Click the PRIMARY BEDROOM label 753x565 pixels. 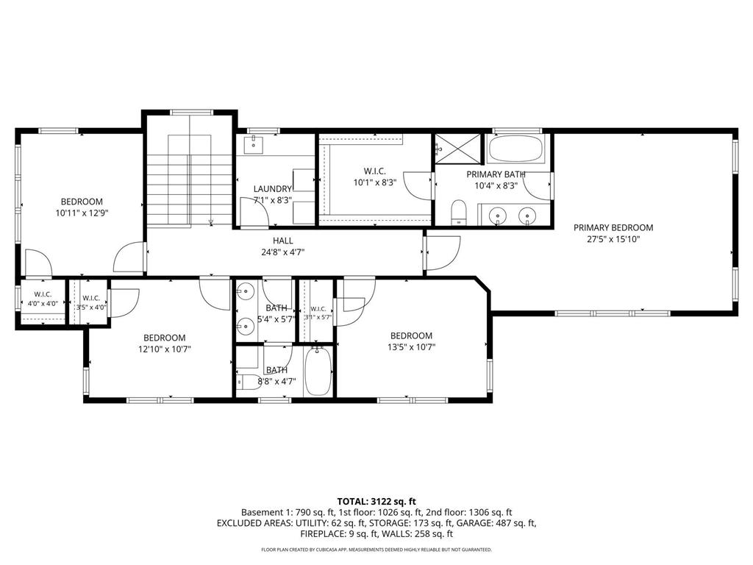pyautogui.click(x=613, y=227)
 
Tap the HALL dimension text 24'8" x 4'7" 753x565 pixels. pyautogui.click(x=282, y=252)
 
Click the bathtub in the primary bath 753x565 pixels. pyautogui.click(x=515, y=151)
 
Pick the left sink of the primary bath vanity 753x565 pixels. pyautogui.click(x=500, y=216)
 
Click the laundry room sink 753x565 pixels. pyautogui.click(x=253, y=144)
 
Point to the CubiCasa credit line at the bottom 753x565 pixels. pyautogui.click(x=376, y=550)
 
